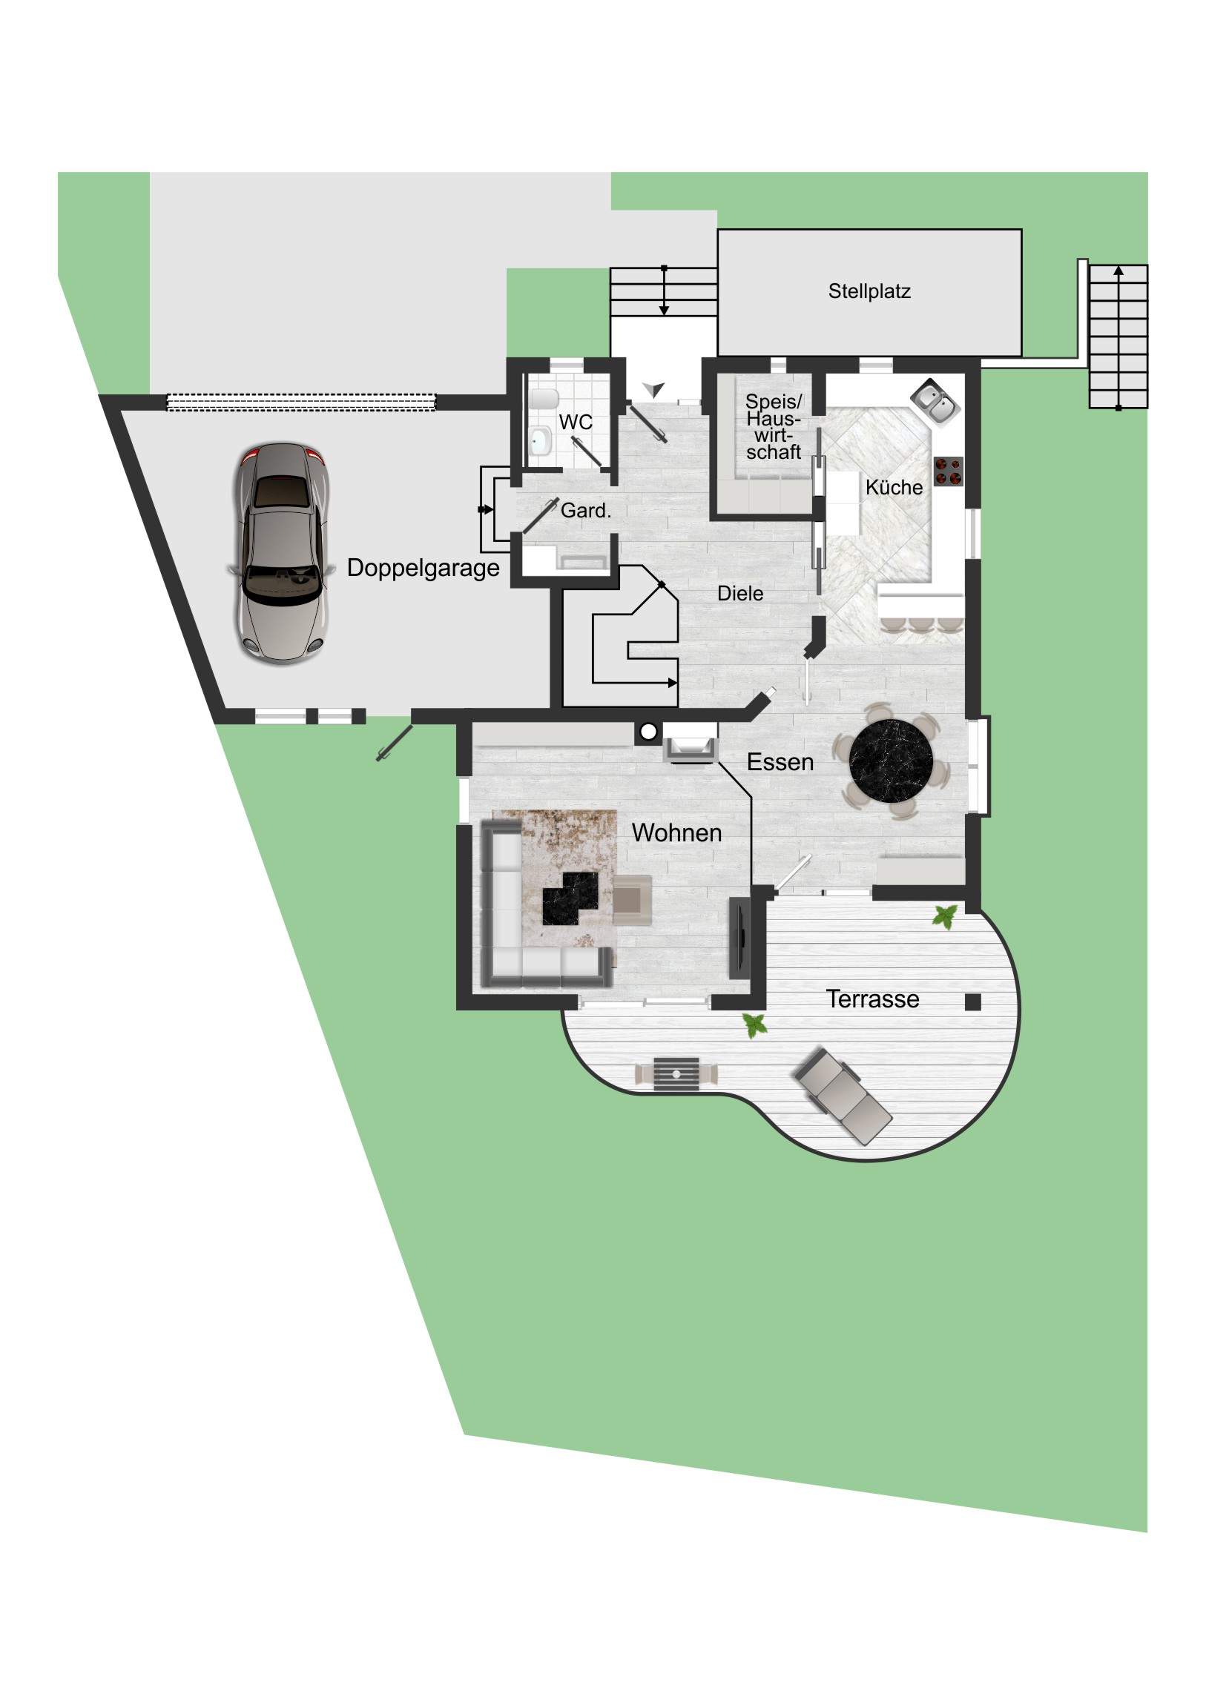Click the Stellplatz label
point(869,291)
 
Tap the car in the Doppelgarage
point(282,552)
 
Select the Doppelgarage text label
point(423,568)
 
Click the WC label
point(576,422)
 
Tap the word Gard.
point(585,510)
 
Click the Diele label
point(740,593)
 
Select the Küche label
point(894,487)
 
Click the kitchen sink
point(935,403)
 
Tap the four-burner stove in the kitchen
point(948,471)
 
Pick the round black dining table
point(891,761)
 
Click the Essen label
point(780,762)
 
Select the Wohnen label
point(677,832)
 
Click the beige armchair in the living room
point(633,899)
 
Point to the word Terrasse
point(872,999)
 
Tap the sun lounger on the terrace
point(843,1095)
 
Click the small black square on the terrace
point(972,1002)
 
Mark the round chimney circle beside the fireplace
point(649,732)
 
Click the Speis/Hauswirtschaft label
point(774,426)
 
